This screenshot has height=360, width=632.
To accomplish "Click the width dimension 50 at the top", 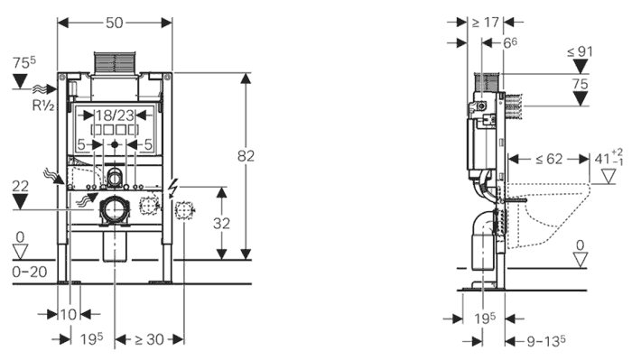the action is coord(115,23).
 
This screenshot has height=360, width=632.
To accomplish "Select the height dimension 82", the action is coord(246,156).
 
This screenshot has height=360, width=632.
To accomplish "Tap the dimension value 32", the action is coord(221,224).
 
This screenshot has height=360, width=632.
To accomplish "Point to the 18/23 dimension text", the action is coord(115,115).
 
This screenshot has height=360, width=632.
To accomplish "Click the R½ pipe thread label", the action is coord(43,106).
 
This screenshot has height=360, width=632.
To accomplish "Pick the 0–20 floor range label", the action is coord(30,272).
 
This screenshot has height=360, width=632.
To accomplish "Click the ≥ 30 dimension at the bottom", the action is coord(150,340).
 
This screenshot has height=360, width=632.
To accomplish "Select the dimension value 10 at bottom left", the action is coord(69,314).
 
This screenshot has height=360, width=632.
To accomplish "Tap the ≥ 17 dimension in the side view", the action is coord(486,23).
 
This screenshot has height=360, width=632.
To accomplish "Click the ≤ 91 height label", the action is coord(580,51).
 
